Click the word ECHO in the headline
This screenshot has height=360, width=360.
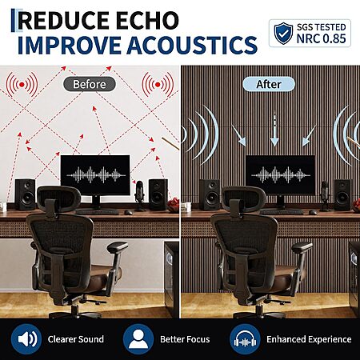point(147,20)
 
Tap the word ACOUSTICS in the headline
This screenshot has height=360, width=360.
point(192,45)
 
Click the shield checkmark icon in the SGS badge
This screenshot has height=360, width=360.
point(283,34)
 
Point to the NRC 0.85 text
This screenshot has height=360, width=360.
point(321,38)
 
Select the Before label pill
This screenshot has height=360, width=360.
point(90,84)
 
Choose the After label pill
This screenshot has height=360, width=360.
point(269,84)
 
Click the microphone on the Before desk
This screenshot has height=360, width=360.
point(139,194)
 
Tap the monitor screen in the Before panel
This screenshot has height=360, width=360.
point(95,174)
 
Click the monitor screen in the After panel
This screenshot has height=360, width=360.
point(280,174)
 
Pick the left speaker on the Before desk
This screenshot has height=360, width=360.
point(25,194)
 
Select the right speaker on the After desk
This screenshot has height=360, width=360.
point(343,194)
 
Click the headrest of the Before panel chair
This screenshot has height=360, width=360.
point(58,198)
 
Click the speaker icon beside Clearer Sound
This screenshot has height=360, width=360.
point(26,339)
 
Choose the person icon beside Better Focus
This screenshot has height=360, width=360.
point(138,339)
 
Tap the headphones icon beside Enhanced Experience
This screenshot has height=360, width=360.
point(245,339)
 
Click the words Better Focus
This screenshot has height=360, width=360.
point(185,339)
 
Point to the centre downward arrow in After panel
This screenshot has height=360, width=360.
point(274,130)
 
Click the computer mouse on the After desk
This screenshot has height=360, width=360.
point(313,212)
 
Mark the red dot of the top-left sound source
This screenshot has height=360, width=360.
point(22,85)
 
